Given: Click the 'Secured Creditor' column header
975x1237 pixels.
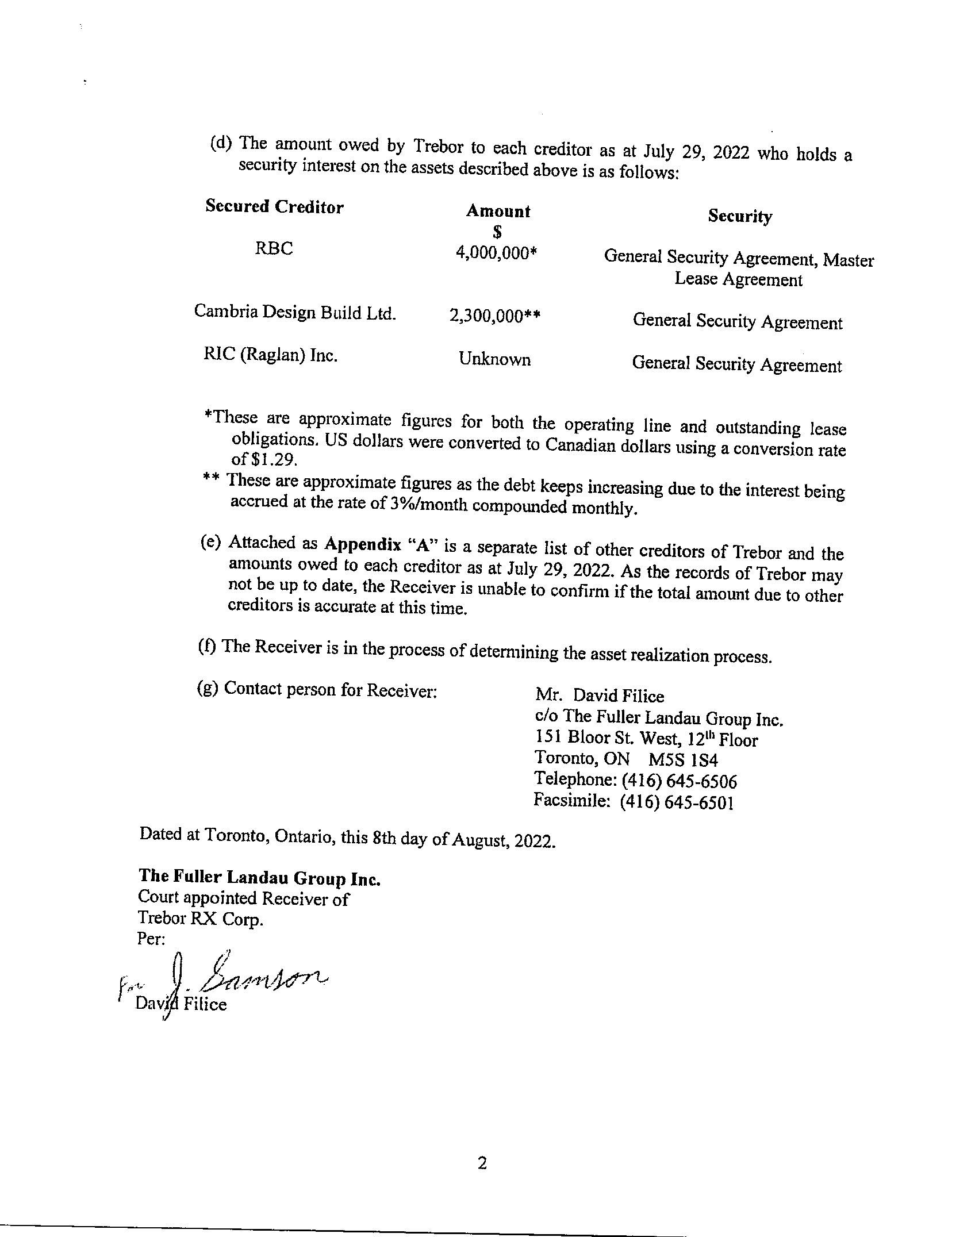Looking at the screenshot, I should coord(274,207).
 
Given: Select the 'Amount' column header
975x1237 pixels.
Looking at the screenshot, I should coord(498,212).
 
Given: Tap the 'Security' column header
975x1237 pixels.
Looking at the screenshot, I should coord(740,216).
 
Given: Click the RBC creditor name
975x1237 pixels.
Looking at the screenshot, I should coord(274,249).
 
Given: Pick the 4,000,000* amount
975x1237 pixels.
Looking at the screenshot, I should coord(496,253).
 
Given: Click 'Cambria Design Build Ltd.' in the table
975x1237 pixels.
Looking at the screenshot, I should coord(295,312).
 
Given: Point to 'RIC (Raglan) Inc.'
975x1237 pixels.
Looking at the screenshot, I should coord(270,355).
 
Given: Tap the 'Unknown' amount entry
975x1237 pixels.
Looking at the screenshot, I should coord(494,360).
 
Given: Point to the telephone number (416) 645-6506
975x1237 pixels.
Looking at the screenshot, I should coord(678,782).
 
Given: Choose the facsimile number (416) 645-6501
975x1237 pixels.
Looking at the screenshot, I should coord(677,802).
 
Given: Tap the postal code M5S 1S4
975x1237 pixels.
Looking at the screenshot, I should coord(684,760).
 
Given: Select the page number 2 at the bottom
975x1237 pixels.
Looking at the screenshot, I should coord(482,1163).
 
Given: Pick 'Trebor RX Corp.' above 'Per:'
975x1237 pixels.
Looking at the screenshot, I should coord(201,919).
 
